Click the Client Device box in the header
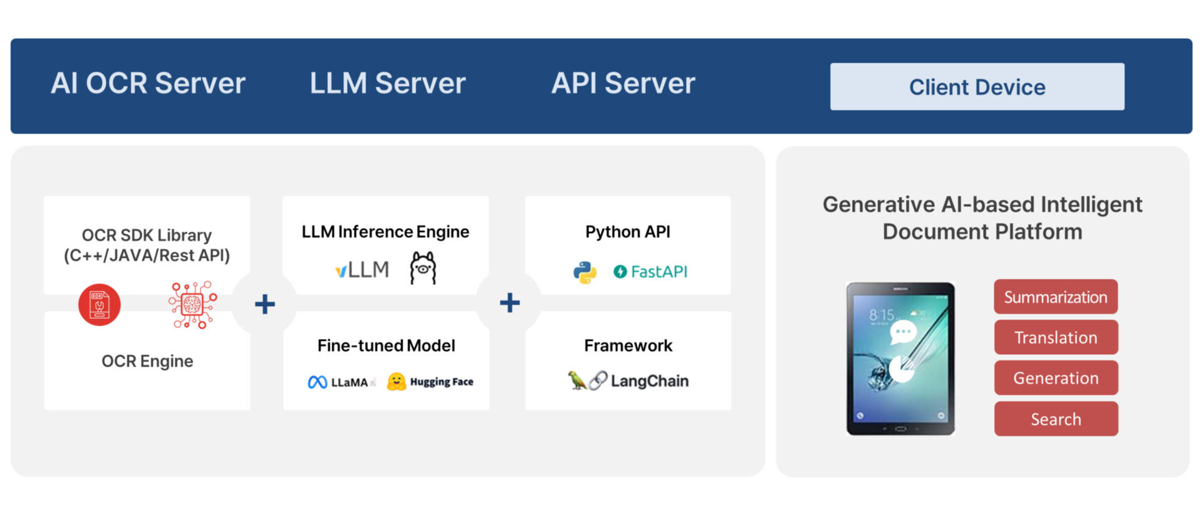977,87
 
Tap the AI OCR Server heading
148,83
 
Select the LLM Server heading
387,83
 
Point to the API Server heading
623,83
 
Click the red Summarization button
1056,297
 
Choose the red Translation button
1056,337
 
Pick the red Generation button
1056,378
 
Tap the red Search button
1056,419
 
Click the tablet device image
900,358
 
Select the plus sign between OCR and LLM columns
265,304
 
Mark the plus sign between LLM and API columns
509,303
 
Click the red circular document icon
100,305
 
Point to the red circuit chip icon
192,305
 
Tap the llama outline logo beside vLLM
423,268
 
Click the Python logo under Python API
585,272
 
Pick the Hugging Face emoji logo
396,381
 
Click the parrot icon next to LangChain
576,380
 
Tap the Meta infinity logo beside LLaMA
317,382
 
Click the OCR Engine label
147,361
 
